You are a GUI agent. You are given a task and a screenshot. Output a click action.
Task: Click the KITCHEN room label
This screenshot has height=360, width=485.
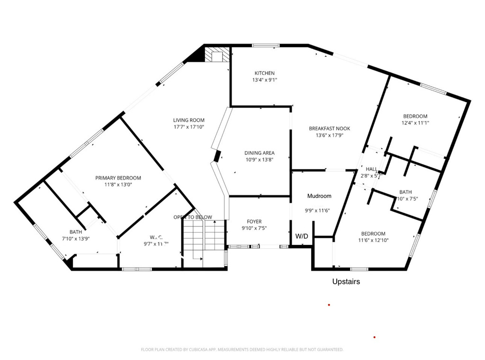264,73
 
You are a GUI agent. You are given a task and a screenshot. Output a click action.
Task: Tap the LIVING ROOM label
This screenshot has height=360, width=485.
189,120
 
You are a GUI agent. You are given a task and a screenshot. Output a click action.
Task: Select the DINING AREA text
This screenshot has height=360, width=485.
260,153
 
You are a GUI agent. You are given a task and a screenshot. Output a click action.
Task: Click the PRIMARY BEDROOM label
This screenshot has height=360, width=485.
118,178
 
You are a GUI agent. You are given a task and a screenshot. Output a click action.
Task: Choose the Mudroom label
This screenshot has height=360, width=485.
319,196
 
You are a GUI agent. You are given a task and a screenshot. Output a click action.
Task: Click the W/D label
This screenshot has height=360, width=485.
301,236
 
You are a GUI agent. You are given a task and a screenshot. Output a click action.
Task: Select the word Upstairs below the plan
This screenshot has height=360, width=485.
346,281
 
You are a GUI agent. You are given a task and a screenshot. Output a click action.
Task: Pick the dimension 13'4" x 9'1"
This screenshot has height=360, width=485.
264,80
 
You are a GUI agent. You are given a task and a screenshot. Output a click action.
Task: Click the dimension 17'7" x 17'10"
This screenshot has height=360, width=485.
189,127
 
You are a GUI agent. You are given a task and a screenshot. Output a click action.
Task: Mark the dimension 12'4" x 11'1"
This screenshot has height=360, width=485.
415,123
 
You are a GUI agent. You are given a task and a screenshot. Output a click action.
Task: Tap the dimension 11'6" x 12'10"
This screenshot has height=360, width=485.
373,241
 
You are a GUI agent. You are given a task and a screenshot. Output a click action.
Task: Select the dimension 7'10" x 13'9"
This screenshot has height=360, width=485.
76,239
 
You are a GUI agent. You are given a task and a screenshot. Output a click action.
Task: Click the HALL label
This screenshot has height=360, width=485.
372,169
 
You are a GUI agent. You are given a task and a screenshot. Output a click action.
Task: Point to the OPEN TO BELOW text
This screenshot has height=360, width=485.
193,217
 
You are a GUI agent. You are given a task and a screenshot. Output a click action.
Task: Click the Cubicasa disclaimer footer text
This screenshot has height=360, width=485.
242,350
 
